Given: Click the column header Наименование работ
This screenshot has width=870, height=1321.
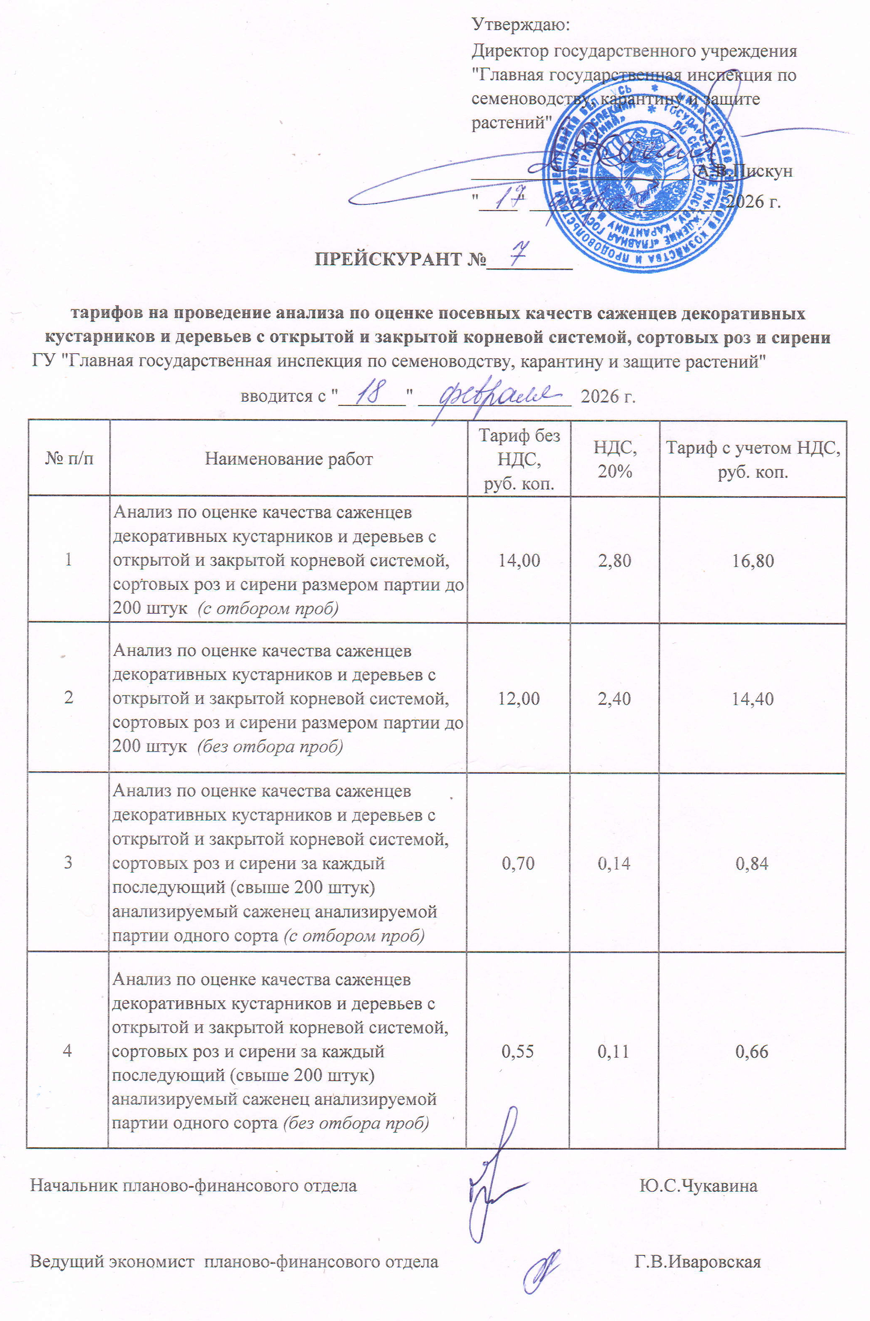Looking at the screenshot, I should [288, 459].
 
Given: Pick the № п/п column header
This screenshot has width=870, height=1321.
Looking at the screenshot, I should [69, 459].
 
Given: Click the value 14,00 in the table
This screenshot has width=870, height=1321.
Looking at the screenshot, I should [519, 561].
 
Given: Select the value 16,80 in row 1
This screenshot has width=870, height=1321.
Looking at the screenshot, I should [752, 561].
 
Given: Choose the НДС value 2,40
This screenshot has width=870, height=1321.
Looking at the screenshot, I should [614, 699].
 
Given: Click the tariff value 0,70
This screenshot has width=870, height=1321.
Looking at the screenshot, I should [517, 863].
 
